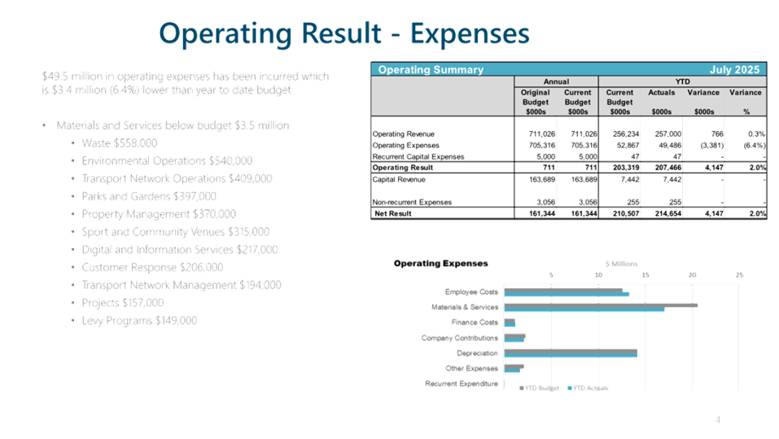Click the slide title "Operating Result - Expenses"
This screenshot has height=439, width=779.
[x=344, y=33]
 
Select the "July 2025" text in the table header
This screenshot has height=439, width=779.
[x=735, y=70]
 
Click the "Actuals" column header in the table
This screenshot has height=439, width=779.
[x=661, y=92]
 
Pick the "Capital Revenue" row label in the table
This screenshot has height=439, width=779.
[x=400, y=178]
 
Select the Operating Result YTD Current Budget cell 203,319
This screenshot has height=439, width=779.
[x=619, y=167]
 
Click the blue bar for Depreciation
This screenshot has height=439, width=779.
[x=571, y=354]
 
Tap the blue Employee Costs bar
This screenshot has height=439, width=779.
[x=567, y=294]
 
